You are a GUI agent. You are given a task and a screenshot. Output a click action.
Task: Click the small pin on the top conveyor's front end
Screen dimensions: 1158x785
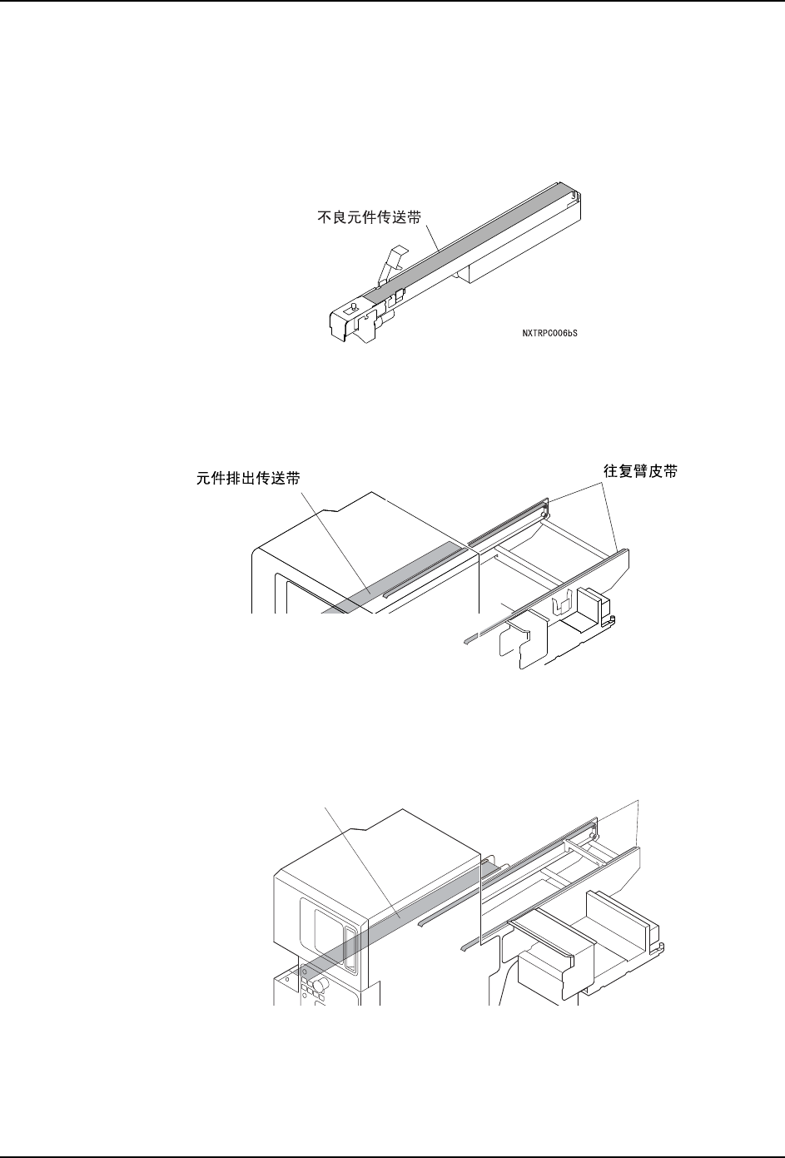[x=353, y=306]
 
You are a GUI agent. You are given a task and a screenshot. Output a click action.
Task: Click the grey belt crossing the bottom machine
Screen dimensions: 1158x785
[x=400, y=916]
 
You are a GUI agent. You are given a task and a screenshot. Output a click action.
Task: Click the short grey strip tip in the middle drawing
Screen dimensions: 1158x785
[x=471, y=639]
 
